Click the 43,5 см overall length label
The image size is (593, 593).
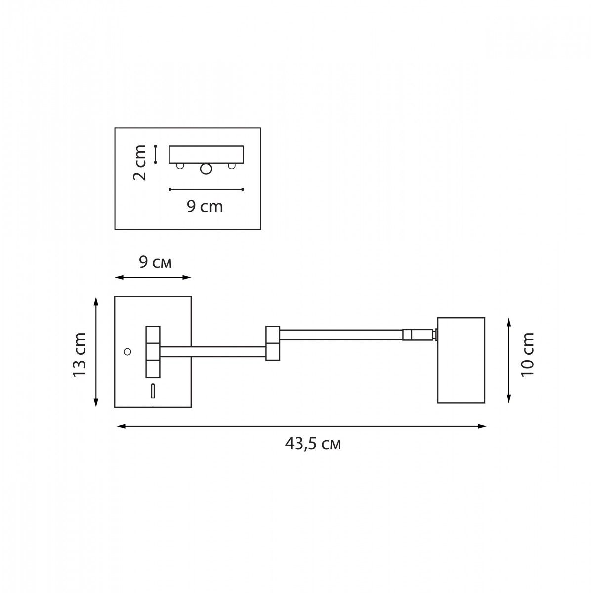coord(313,444)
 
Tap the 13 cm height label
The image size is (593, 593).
coord(79,354)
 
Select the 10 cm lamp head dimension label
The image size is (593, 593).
coord(527,354)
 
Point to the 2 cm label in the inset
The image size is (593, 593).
coord(139,163)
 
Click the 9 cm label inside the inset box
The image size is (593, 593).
coord(205,206)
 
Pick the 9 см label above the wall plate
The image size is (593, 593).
coord(155,262)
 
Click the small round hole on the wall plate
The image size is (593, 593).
coord(127,352)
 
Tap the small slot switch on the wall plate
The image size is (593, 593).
coord(153,391)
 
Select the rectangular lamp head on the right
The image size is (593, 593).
coord(461,360)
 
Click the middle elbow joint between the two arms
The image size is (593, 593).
coord(273,343)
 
